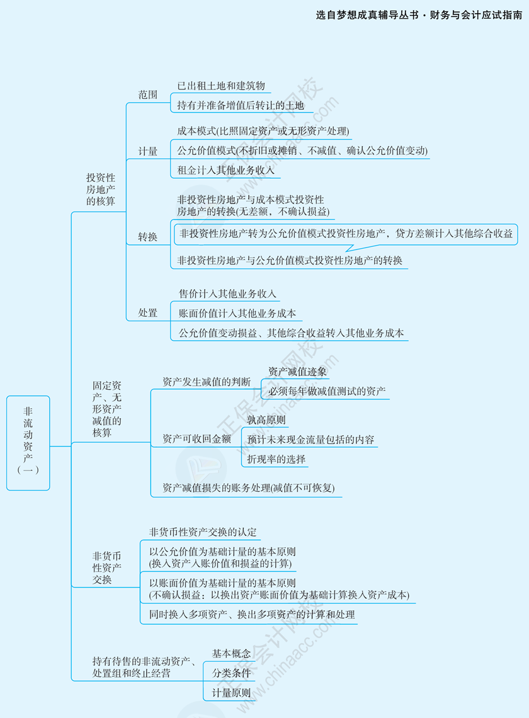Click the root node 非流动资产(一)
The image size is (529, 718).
coord(28,443)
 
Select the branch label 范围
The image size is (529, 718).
coord(148,95)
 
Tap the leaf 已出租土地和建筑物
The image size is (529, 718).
coord(221,86)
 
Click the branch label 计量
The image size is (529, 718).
coord(148,151)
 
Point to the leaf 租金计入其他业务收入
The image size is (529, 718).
coord(225,170)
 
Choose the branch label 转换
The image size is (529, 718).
coord(148,237)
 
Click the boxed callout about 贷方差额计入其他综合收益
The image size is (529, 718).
coord(346,234)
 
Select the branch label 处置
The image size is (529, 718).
coord(148,313)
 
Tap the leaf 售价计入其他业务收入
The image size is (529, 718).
coord(227,294)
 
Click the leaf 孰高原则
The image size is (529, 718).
coord(266,420)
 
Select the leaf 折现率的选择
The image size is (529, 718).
coord(276,459)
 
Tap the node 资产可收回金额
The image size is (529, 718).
coord(196,439)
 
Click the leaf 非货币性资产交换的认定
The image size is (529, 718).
coord(203,532)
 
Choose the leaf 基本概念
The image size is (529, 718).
coord(231,654)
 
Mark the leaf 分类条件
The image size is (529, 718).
coord(231,673)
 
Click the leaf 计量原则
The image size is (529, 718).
coord(231,693)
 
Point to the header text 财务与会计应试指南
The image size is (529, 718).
coord(475,15)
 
